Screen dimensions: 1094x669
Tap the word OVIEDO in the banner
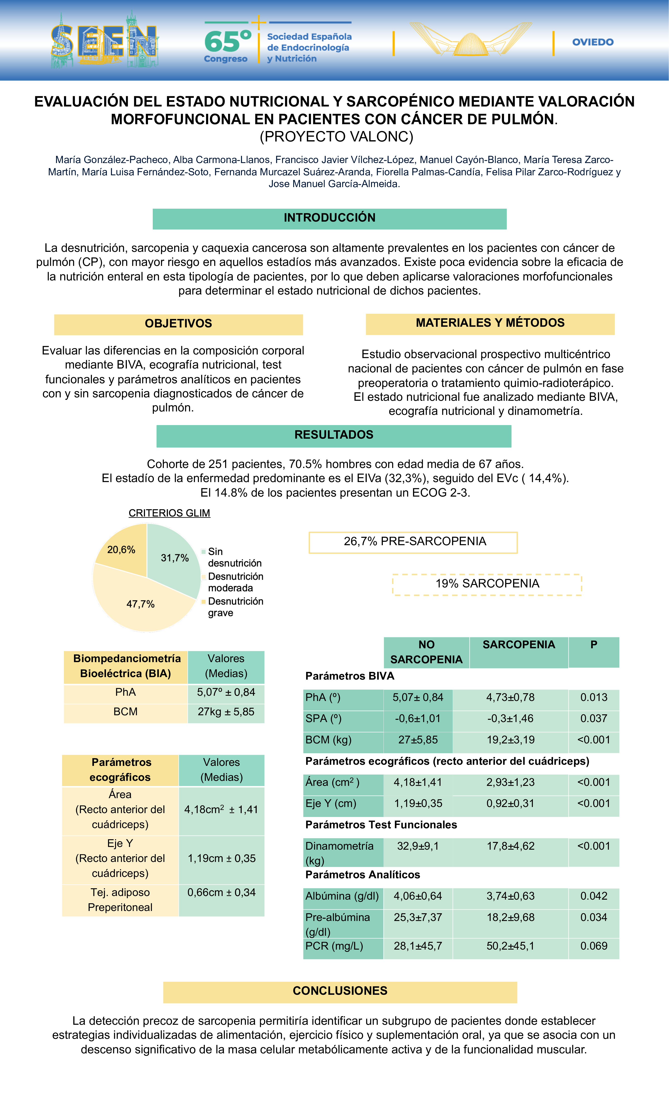(x=593, y=42)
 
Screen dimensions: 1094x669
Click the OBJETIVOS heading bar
(x=178, y=324)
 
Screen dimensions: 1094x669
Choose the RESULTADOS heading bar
(x=334, y=435)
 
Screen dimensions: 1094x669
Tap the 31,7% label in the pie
(x=175, y=558)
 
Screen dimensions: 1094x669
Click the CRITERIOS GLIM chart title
(x=169, y=513)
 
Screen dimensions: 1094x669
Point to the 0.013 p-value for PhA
(x=594, y=698)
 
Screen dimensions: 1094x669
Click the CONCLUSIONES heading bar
(x=340, y=991)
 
